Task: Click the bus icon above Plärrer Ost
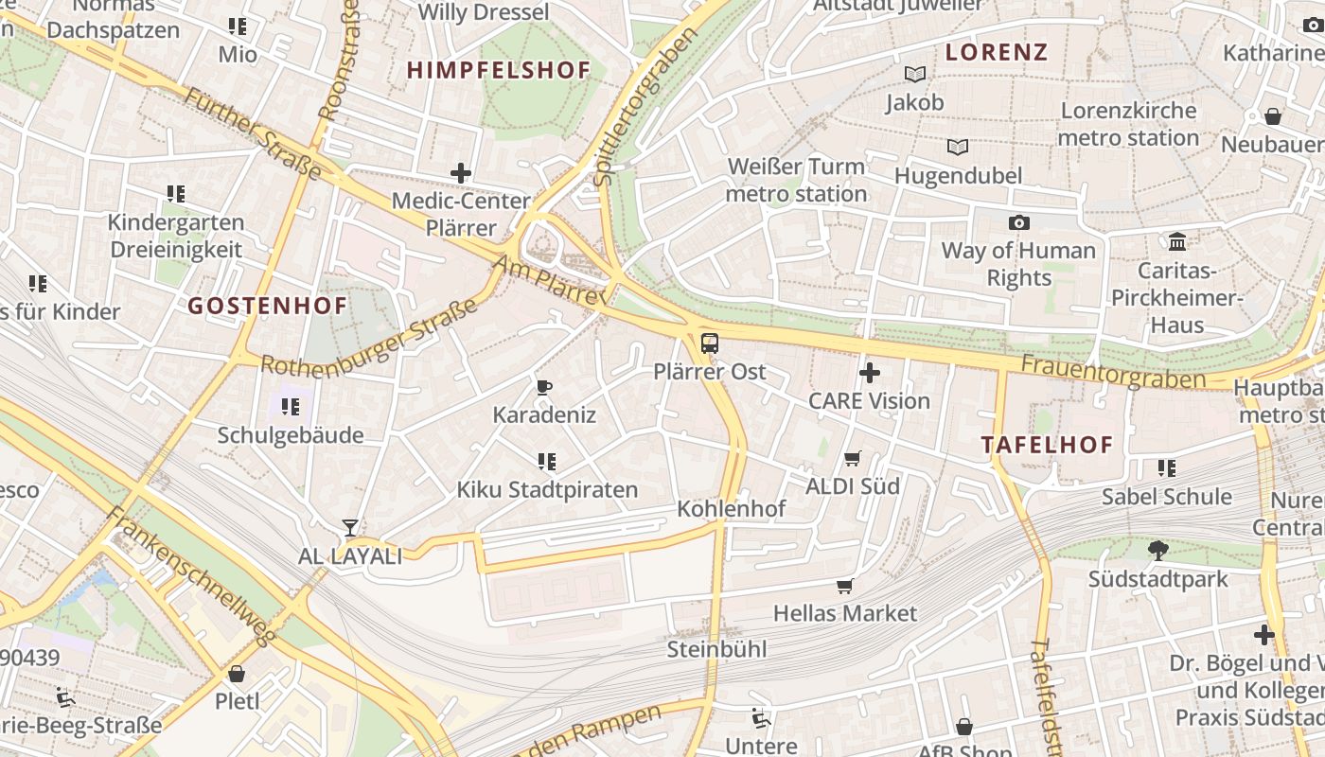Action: point(709,343)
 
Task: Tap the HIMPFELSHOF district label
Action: point(499,70)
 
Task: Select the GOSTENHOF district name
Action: point(268,306)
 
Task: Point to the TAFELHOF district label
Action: point(1047,445)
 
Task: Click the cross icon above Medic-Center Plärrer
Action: point(461,173)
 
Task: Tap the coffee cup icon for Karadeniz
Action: point(544,387)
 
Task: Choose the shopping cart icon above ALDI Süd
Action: point(852,459)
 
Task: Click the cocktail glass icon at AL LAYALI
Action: point(350,528)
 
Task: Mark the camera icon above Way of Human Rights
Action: point(1018,222)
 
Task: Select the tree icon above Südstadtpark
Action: point(1157,551)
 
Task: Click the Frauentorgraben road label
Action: point(1113,372)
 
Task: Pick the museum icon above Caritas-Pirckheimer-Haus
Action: point(1177,241)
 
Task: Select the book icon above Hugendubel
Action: point(958,148)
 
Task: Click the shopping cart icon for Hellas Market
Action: point(844,586)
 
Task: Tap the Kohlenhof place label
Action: point(731,509)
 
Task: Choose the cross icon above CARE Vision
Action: point(869,373)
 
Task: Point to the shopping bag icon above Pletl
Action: point(237,674)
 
